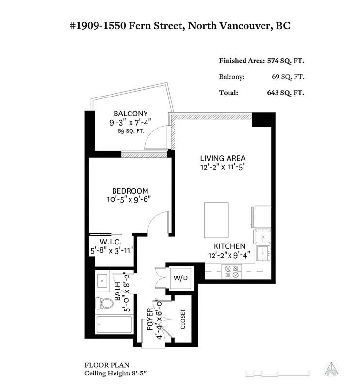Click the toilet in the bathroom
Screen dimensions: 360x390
[x=104, y=303]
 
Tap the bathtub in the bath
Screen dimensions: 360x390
[x=114, y=325]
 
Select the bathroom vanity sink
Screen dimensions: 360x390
[x=102, y=281]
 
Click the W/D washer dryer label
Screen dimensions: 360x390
[x=180, y=278]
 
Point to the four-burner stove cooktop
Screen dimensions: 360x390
[x=231, y=272]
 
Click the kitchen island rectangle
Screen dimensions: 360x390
[x=216, y=220]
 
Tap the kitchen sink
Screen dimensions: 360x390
[x=263, y=253]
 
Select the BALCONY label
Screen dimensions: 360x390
[x=131, y=114]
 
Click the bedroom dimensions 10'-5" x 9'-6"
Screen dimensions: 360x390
[x=129, y=199]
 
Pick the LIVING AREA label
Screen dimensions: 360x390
[x=223, y=158]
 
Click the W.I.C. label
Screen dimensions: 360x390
[x=111, y=242]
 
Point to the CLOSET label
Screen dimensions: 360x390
[x=183, y=319]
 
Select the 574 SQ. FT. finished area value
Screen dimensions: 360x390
[x=286, y=61]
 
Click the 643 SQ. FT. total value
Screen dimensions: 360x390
[x=286, y=93]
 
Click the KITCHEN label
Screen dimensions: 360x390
[x=229, y=246]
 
